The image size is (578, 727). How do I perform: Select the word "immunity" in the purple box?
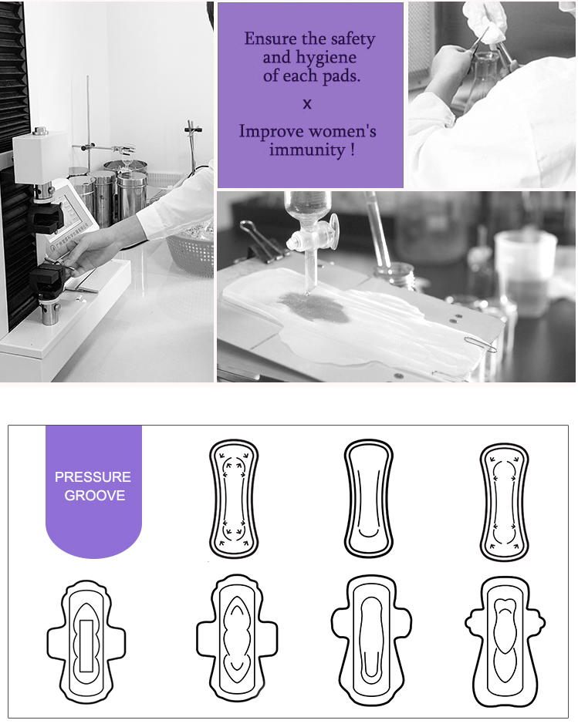[306, 150]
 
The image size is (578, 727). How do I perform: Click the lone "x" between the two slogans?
[307, 104]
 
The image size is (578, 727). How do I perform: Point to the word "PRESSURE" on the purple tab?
[93, 477]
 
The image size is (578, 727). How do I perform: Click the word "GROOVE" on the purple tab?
[95, 496]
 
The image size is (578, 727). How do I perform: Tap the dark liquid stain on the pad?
[316, 307]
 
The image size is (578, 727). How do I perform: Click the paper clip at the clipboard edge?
[480, 345]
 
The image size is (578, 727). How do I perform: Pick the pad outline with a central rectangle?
[86, 641]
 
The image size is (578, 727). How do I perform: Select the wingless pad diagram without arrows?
[369, 499]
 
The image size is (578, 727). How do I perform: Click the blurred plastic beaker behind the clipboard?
[525, 274]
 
